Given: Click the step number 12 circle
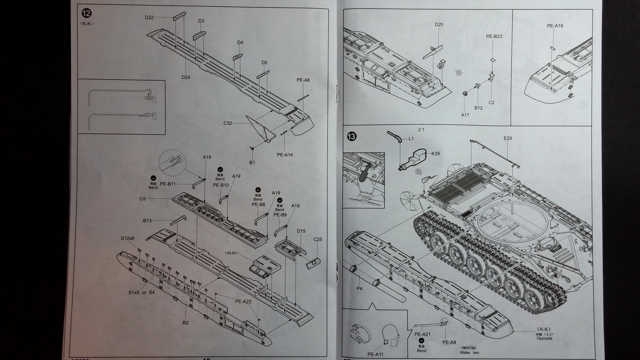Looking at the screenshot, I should pyautogui.click(x=86, y=13).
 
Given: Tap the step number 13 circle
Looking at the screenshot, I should pyautogui.click(x=352, y=137).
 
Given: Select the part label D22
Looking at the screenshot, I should pyautogui.click(x=149, y=18).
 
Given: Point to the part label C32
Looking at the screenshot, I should pyautogui.click(x=228, y=123).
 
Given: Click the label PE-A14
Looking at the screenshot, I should pyautogui.click(x=284, y=155).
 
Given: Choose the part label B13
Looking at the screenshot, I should pyautogui.click(x=147, y=220).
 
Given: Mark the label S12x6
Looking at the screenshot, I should pyautogui.click(x=128, y=238).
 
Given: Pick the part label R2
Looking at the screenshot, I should pyautogui.click(x=185, y=322).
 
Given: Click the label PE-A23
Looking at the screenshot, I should pyautogui.click(x=243, y=302).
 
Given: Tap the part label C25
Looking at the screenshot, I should pyautogui.click(x=318, y=240).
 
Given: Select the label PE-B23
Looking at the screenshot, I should pyautogui.click(x=494, y=36).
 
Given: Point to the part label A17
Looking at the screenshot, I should pyautogui.click(x=465, y=115).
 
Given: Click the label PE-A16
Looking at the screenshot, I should pyautogui.click(x=555, y=26).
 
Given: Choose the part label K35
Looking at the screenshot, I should pyautogui.click(x=436, y=154).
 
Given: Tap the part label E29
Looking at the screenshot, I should pyautogui.click(x=508, y=138).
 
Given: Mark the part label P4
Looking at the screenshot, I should pyautogui.click(x=359, y=288).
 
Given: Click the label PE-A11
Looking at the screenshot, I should pyautogui.click(x=375, y=354).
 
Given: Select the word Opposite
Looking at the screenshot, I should pyautogui.click(x=544, y=338).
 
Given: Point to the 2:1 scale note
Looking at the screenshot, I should pyautogui.click(x=421, y=130).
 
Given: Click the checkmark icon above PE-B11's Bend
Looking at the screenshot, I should pyautogui.click(x=153, y=178).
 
